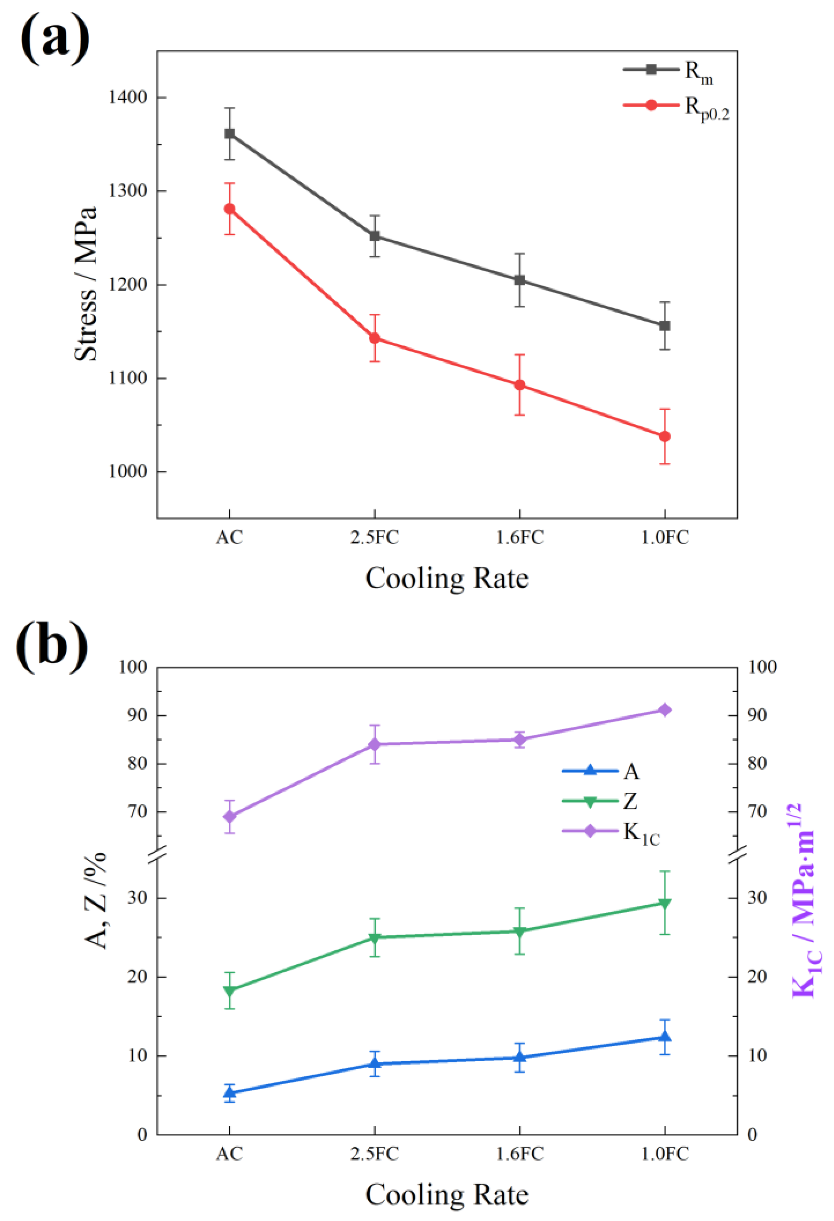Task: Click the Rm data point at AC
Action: tap(229, 133)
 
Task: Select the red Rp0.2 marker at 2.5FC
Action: tap(375, 338)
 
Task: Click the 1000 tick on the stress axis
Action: tap(127, 471)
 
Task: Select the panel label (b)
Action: tap(52, 645)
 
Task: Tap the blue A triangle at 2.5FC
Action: tap(375, 1063)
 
